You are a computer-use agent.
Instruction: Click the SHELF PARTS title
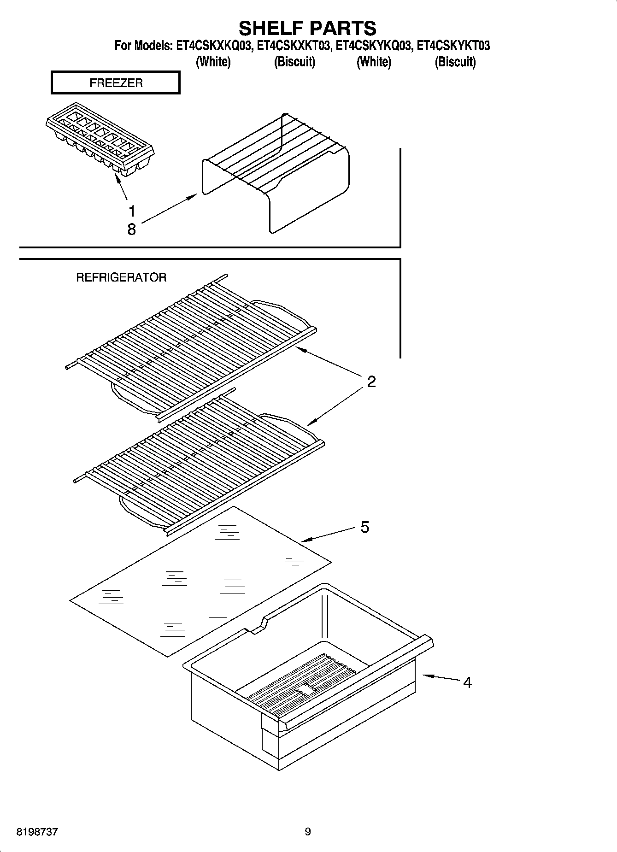tap(307, 28)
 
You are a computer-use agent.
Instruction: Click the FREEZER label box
tap(115, 83)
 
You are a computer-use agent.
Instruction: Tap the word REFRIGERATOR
tap(121, 277)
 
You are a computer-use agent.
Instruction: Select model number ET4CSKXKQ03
tap(214, 46)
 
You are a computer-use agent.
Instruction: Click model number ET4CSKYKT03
tap(453, 46)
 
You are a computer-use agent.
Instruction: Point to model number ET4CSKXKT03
tap(294, 46)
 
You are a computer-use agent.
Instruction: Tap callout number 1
tap(132, 212)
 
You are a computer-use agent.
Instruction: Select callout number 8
tap(132, 229)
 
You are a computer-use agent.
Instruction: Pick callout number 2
tap(371, 382)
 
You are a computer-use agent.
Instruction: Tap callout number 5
tap(365, 527)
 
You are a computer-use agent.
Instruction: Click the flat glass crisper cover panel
tap(200, 581)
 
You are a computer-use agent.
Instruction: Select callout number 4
tap(467, 682)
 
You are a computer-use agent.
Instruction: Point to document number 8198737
tap(37, 832)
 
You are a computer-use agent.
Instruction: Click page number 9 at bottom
tap(308, 832)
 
